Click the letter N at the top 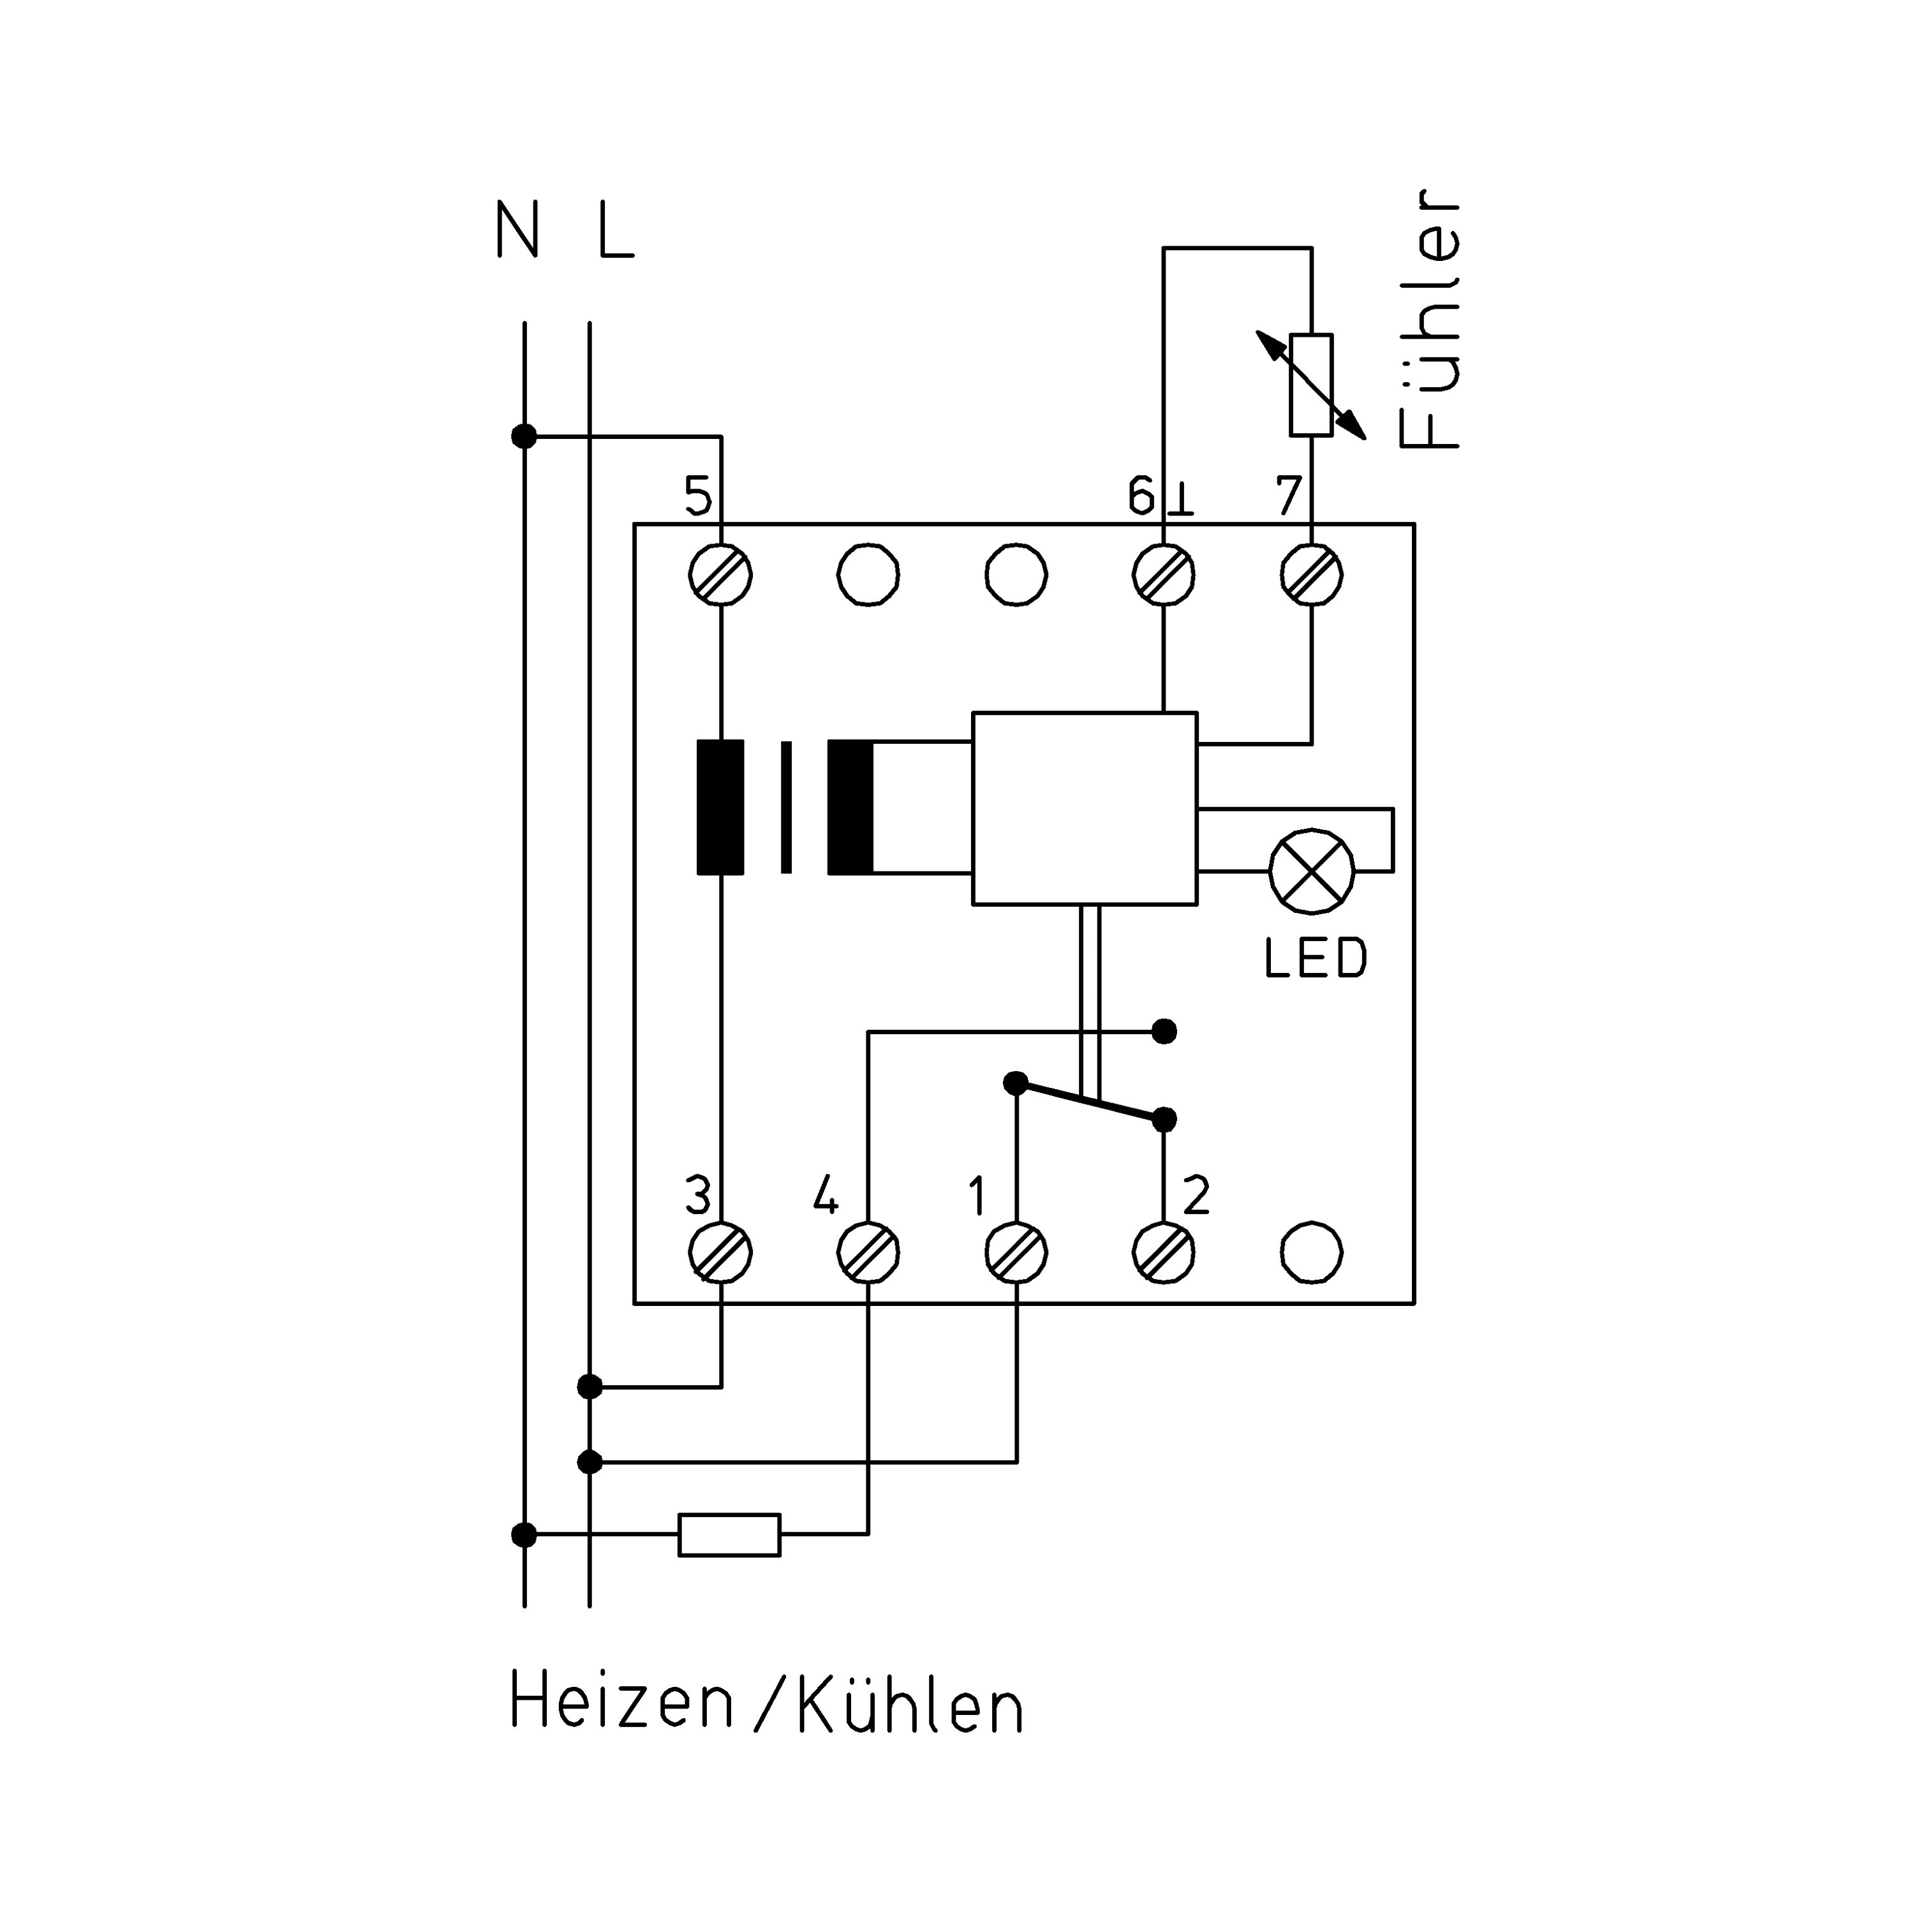point(517,230)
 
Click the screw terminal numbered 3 point(720,1253)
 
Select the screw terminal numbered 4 point(868,1253)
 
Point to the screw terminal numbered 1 point(1016,1253)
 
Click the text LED point(1316,959)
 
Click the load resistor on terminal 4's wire point(729,1534)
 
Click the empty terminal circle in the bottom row point(1312,1253)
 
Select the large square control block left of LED point(1085,808)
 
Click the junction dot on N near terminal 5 point(524,436)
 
